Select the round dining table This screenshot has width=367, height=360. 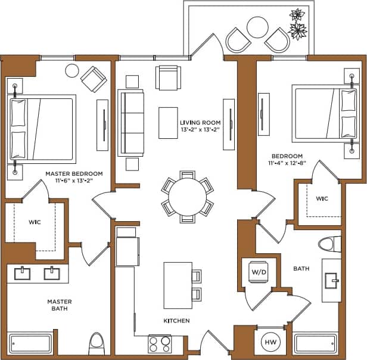pyautogui.click(x=187, y=195)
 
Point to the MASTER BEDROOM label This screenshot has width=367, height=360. pyautogui.click(x=74, y=174)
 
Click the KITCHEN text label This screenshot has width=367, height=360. pyautogui.click(x=176, y=321)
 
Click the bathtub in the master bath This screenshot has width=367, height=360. pyautogui.click(x=31, y=344)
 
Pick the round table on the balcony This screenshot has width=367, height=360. pyautogui.click(x=257, y=26)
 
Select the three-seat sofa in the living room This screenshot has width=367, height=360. pyautogui.click(x=130, y=122)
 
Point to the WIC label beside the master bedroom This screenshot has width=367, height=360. pyautogui.click(x=34, y=222)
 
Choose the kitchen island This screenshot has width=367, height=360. pyautogui.click(x=178, y=285)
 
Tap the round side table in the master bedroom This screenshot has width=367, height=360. pyautogui.click(x=72, y=70)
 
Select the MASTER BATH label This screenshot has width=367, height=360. pyautogui.click(x=60, y=305)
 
